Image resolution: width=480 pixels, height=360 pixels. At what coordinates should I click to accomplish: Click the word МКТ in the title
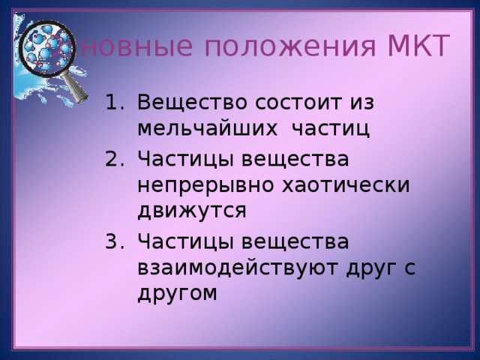coord(418,46)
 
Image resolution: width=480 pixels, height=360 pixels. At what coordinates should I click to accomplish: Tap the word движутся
coord(192,211)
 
